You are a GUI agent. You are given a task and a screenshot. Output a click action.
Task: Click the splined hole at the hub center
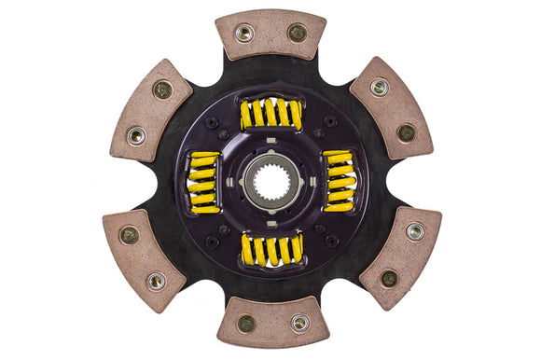coord(271,181)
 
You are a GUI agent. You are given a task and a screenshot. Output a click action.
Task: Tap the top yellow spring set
coord(270,114)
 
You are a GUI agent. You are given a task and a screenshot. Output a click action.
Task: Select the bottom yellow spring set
coord(271,249)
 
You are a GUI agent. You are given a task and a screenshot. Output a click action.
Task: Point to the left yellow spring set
coord(203,180)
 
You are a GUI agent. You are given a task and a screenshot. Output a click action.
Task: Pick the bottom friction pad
coord(273,323)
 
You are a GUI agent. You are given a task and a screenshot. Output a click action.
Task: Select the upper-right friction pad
coord(392,107)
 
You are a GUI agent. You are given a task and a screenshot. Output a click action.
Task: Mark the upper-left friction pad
coord(149,110)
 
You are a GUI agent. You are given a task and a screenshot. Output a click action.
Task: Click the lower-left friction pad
coord(144,256)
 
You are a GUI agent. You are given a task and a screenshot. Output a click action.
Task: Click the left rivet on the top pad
coord(244,34)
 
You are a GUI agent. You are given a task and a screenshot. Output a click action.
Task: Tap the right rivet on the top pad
coord(298,32)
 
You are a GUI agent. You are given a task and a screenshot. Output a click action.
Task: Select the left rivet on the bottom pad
coord(246,324)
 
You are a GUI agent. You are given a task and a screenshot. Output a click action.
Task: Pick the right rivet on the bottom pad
coord(299,323)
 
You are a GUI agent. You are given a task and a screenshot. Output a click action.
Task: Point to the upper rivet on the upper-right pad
coord(380,87)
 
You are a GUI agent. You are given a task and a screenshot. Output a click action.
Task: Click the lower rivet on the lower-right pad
coord(390,277)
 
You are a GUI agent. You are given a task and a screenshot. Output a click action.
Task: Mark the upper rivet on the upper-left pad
coord(162,90)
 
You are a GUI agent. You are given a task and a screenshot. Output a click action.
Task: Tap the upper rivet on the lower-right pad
coord(415,230)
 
